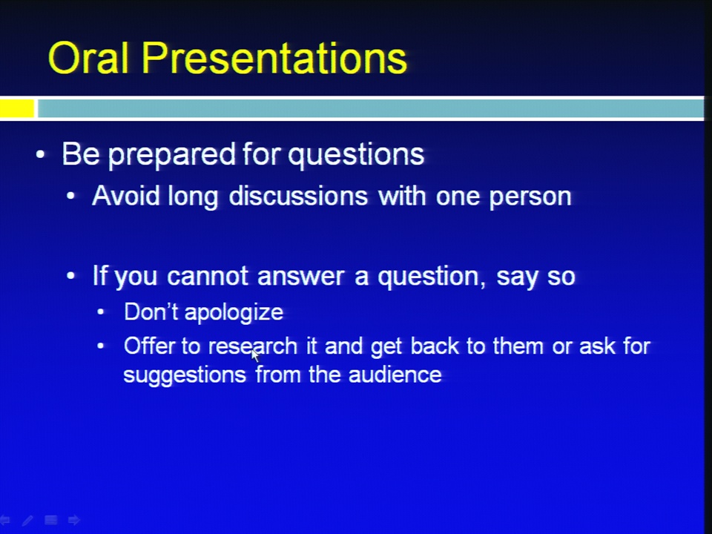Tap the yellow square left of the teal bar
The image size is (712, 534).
17,108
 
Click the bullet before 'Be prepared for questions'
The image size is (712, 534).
40,155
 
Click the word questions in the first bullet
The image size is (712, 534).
356,155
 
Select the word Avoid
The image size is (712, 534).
126,196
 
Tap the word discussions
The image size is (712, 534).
298,196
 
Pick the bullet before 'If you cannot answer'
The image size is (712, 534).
71,276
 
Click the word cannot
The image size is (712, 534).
208,276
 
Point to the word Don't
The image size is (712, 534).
151,312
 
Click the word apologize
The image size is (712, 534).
234,313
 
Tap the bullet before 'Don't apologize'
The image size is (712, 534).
101,312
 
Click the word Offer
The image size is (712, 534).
149,346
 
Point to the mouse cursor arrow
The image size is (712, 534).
256,355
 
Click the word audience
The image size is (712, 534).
395,375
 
